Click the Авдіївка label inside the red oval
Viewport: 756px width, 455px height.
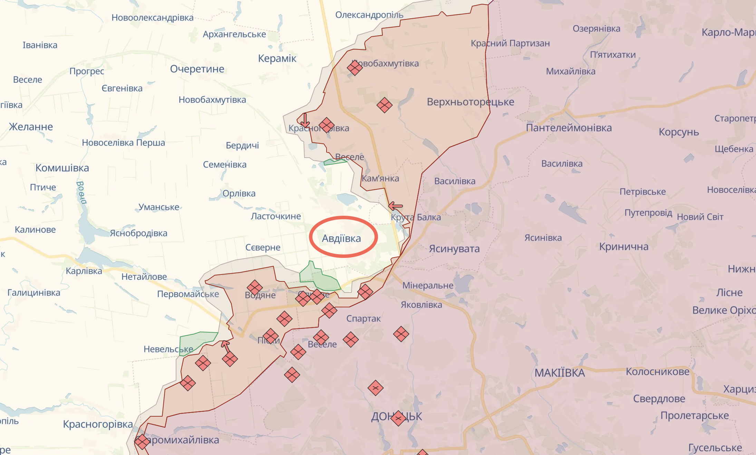tap(341, 239)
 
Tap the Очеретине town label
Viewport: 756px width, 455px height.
tap(197, 69)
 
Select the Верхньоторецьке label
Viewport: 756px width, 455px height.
tap(470, 102)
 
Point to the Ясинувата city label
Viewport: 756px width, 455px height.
tap(454, 249)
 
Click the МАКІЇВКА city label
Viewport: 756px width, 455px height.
tap(559, 373)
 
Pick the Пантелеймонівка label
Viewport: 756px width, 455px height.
tap(569, 128)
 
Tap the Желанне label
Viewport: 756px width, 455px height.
tap(31, 127)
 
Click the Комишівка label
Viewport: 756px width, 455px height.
tap(62, 168)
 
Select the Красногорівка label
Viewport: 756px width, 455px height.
tap(98, 424)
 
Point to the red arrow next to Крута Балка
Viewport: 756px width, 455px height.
tap(395, 206)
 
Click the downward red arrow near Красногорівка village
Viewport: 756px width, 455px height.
tap(305, 121)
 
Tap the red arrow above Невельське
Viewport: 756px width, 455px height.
tap(225, 345)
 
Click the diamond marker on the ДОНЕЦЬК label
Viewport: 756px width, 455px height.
tap(398, 418)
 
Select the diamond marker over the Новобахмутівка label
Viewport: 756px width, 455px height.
tap(355, 67)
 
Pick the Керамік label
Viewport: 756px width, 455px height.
tap(277, 58)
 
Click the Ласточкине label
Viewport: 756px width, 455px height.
tap(275, 216)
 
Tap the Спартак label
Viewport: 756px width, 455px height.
tap(363, 319)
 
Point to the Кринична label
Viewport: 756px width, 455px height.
tap(623, 247)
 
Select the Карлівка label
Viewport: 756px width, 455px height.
tap(84, 271)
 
